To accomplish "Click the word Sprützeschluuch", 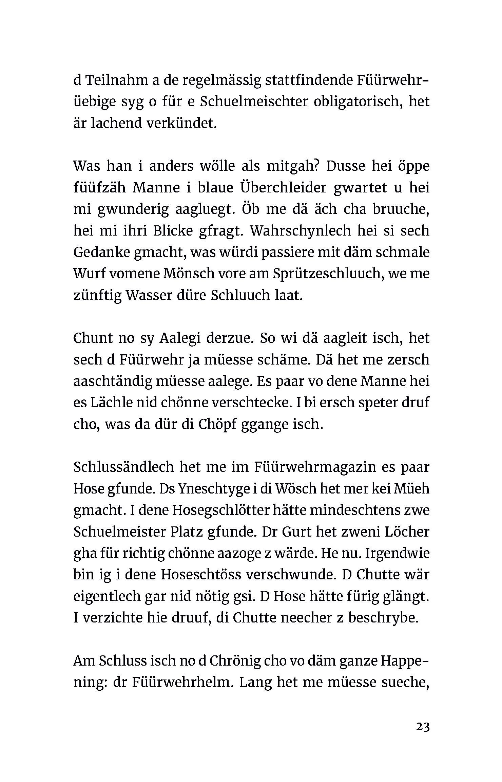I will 323,274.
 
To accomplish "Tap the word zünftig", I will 98,296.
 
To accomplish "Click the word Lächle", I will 111,403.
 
